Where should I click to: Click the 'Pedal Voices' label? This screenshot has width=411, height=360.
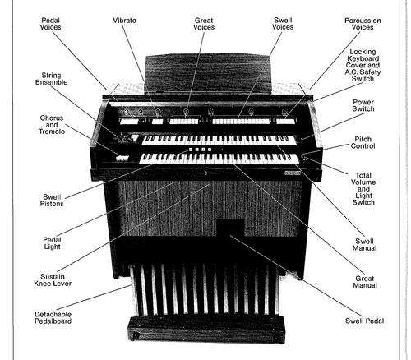pyautogui.click(x=50, y=24)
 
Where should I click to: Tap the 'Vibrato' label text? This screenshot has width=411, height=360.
pyautogui.click(x=125, y=21)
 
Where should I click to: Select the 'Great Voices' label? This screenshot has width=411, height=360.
pyautogui.click(x=204, y=24)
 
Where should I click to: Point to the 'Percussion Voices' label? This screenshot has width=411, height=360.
pyautogui.click(x=363, y=24)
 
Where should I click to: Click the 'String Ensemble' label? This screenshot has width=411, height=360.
pyautogui.click(x=51, y=79)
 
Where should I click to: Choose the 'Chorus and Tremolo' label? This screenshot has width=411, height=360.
pyautogui.click(x=52, y=125)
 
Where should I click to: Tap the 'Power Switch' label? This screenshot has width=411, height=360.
pyautogui.click(x=363, y=105)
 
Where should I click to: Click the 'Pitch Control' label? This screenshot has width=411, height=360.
pyautogui.click(x=363, y=142)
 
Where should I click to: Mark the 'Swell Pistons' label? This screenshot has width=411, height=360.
pyautogui.click(x=52, y=201)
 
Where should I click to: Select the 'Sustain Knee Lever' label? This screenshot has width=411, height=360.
pyautogui.click(x=53, y=280)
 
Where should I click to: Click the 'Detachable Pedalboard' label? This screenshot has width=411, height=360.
pyautogui.click(x=53, y=318)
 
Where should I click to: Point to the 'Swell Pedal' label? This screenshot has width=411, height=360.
pyautogui.click(x=364, y=321)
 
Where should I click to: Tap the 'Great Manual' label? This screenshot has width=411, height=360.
pyautogui.click(x=365, y=282)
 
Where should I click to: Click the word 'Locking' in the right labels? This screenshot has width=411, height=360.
pyautogui.click(x=363, y=52)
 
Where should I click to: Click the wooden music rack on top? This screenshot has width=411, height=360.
pyautogui.click(x=208, y=75)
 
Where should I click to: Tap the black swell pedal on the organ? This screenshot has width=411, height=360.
pyautogui.click(x=230, y=228)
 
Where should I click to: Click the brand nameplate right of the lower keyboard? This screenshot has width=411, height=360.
pyautogui.click(x=293, y=173)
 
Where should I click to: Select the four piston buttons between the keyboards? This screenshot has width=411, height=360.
pyautogui.click(x=200, y=150)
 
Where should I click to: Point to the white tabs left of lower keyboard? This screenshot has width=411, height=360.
pyautogui.click(x=122, y=158)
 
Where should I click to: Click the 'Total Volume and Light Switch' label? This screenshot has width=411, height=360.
pyautogui.click(x=363, y=189)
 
